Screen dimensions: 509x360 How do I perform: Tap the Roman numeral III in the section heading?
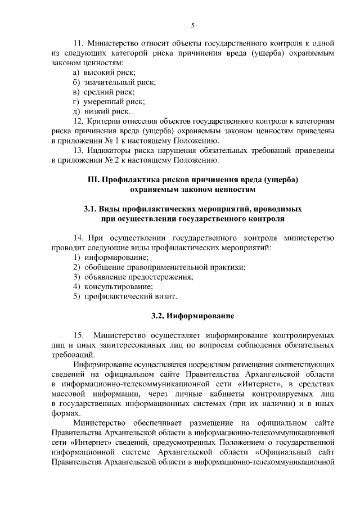[90, 179]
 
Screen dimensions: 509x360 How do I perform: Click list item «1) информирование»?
[111, 257]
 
